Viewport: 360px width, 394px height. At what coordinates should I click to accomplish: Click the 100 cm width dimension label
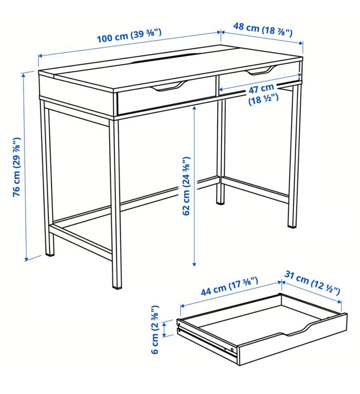[129, 36]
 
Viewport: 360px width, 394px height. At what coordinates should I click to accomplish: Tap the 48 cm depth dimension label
[262, 30]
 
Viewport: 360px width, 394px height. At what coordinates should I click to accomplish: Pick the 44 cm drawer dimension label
[229, 286]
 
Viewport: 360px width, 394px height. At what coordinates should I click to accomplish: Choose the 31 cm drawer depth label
[312, 283]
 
